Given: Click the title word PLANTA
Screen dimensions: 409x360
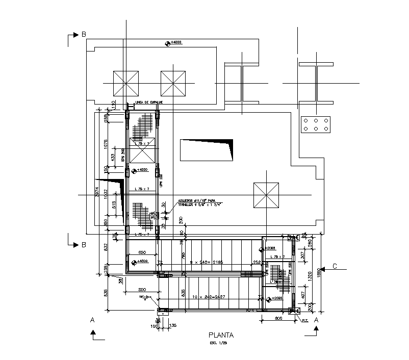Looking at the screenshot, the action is [221, 336].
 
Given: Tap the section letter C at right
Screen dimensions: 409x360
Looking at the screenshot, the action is [335, 266].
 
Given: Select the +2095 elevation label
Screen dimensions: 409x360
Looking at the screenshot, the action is [276, 298].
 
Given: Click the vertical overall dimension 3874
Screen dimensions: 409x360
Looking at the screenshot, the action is [97, 192].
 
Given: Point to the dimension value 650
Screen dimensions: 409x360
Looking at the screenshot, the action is [142, 253].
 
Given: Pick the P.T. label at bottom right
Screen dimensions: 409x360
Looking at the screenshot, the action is [304, 321].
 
